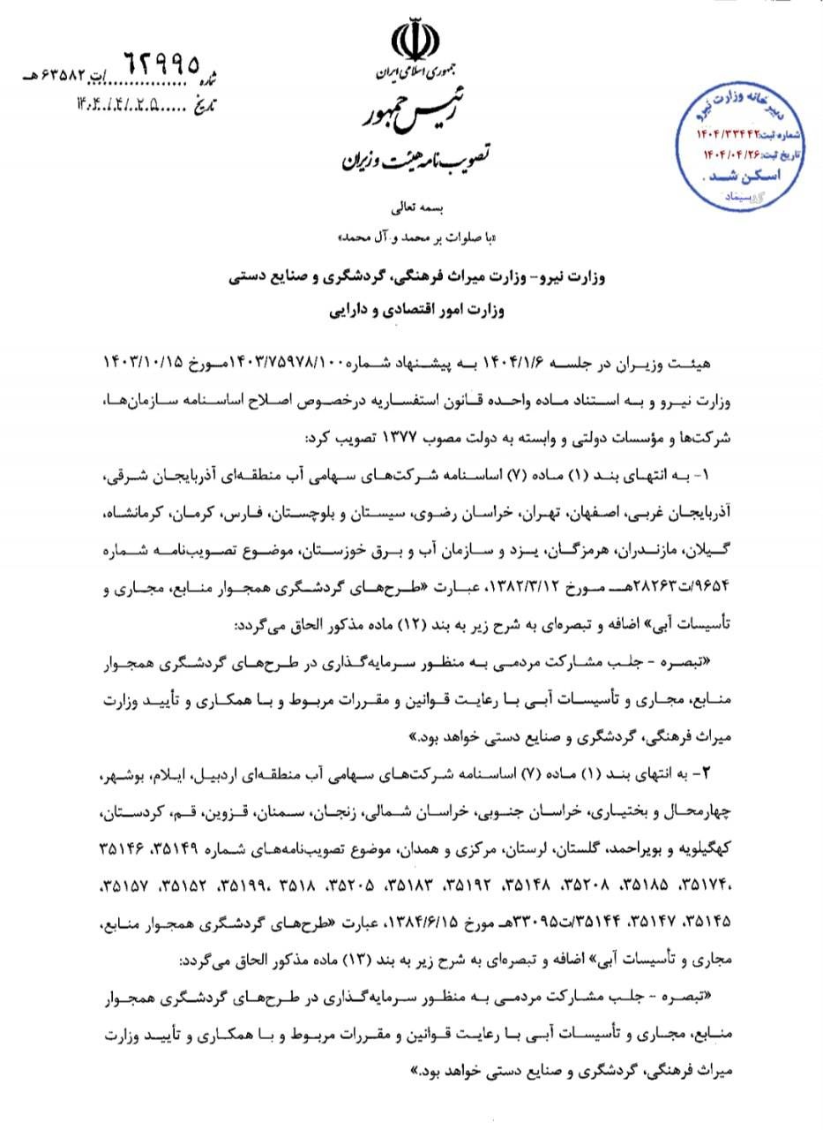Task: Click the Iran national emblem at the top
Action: [x=411, y=43]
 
